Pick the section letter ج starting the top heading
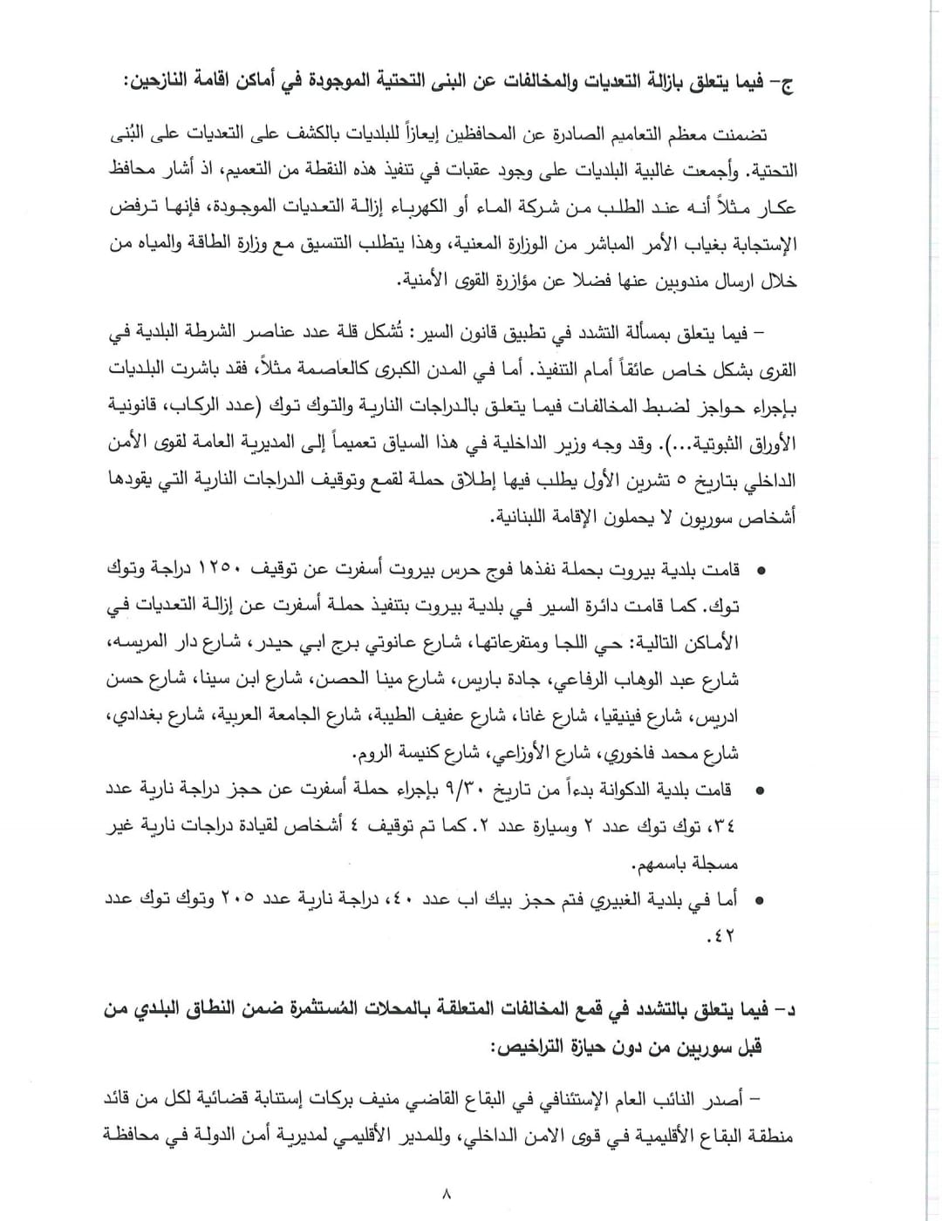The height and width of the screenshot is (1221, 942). pyautogui.click(x=787, y=85)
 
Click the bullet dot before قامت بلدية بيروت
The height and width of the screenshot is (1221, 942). pyautogui.click(x=761, y=571)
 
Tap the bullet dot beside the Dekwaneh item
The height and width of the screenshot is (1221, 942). pyautogui.click(x=761, y=791)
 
